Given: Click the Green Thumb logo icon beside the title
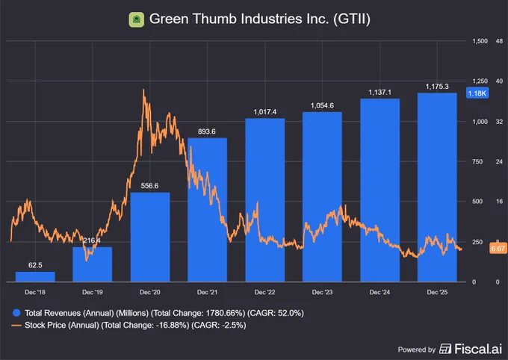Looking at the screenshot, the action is point(137,19).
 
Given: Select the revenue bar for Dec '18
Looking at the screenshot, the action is point(35,277).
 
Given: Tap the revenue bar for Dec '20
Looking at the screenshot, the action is point(150,237).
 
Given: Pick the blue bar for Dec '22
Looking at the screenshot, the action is point(265,200).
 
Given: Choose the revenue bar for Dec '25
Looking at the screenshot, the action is point(437,187).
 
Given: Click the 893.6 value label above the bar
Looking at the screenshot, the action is point(207,131).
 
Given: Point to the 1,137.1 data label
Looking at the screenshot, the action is point(380,93).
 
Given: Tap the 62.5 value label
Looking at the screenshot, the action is point(35,265).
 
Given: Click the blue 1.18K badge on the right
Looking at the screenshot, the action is point(477,93).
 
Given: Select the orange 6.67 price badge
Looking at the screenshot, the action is point(498,249).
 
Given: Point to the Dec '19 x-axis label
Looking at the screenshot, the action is point(93,292).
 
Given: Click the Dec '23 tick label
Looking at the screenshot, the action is point(322,292).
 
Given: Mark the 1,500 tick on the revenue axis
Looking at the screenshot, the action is point(480,41).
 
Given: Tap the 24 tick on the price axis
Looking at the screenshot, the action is point(499,161).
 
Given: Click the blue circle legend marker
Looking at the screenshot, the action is point(16,313).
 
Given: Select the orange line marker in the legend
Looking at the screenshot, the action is point(16,325).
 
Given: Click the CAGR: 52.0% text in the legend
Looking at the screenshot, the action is point(276,313).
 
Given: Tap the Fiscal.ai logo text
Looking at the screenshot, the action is point(478,349).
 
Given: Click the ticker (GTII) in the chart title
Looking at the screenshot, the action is point(352,19).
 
